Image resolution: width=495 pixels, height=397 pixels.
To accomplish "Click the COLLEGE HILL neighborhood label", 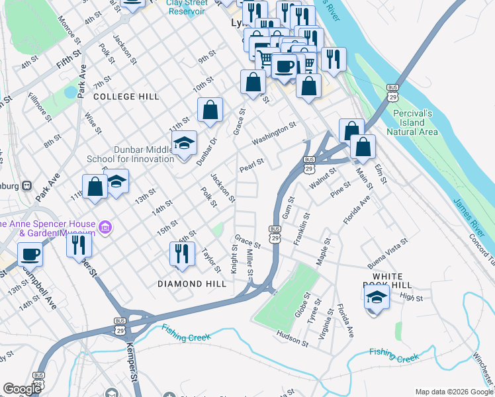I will (x=126, y=97).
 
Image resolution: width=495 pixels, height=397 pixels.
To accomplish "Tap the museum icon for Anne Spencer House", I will (x=105, y=228).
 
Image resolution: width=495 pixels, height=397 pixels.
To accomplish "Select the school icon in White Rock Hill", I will (x=377, y=297).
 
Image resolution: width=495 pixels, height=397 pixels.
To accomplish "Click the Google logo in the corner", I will (x=22, y=389).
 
